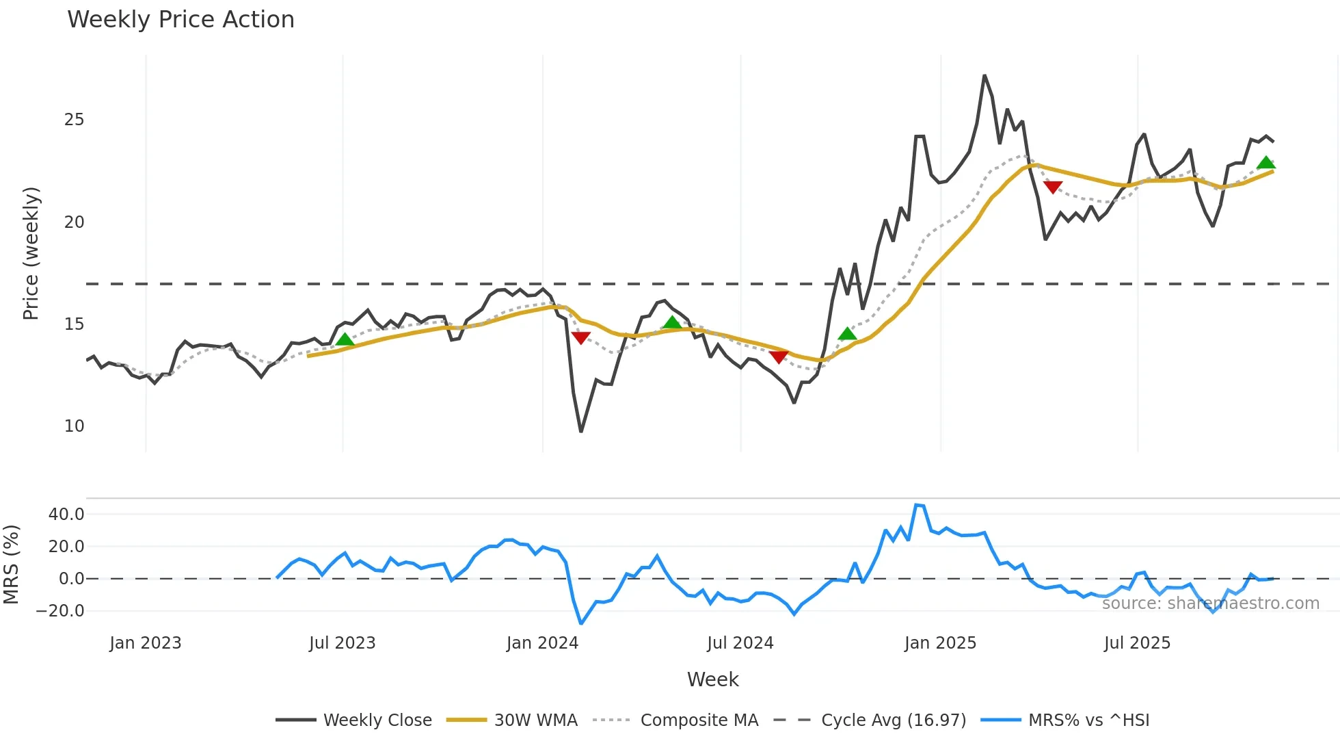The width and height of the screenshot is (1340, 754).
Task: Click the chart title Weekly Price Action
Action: click(180, 20)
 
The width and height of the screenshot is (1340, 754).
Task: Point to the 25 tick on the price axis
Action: click(74, 120)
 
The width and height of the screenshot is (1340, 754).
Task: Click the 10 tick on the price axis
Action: click(74, 426)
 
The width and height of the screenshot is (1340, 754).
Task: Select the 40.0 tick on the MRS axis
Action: click(66, 515)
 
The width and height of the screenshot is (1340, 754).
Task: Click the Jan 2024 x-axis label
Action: click(542, 643)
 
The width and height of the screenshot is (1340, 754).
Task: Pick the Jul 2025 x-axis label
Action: click(1137, 643)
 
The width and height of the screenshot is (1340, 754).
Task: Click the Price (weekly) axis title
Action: click(31, 253)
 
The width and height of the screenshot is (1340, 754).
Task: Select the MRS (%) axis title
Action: click(11, 564)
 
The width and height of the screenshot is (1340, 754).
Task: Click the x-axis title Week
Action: click(712, 679)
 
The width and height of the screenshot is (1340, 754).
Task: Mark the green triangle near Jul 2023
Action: click(345, 339)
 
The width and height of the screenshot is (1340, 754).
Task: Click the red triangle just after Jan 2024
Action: click(580, 337)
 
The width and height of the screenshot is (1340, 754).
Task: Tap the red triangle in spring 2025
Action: click(1053, 187)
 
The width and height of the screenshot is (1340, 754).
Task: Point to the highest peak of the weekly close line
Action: click(984, 75)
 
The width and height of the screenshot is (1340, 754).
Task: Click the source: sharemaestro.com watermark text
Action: click(1210, 603)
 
